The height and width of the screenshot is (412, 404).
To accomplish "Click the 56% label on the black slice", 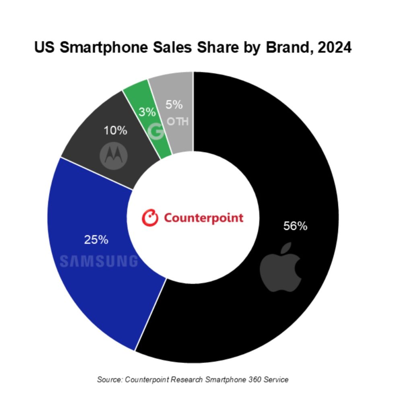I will click(295, 227).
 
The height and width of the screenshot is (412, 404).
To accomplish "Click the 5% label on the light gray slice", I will click(174, 105).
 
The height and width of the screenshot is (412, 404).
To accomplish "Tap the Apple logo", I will click(280, 267).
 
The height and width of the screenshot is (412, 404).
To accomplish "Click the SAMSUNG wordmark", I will click(99, 261).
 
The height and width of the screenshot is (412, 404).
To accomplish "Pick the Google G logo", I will click(156, 131).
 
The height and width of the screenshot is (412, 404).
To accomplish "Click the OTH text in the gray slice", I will click(177, 121).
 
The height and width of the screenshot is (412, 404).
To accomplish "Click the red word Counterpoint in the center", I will click(203, 218).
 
